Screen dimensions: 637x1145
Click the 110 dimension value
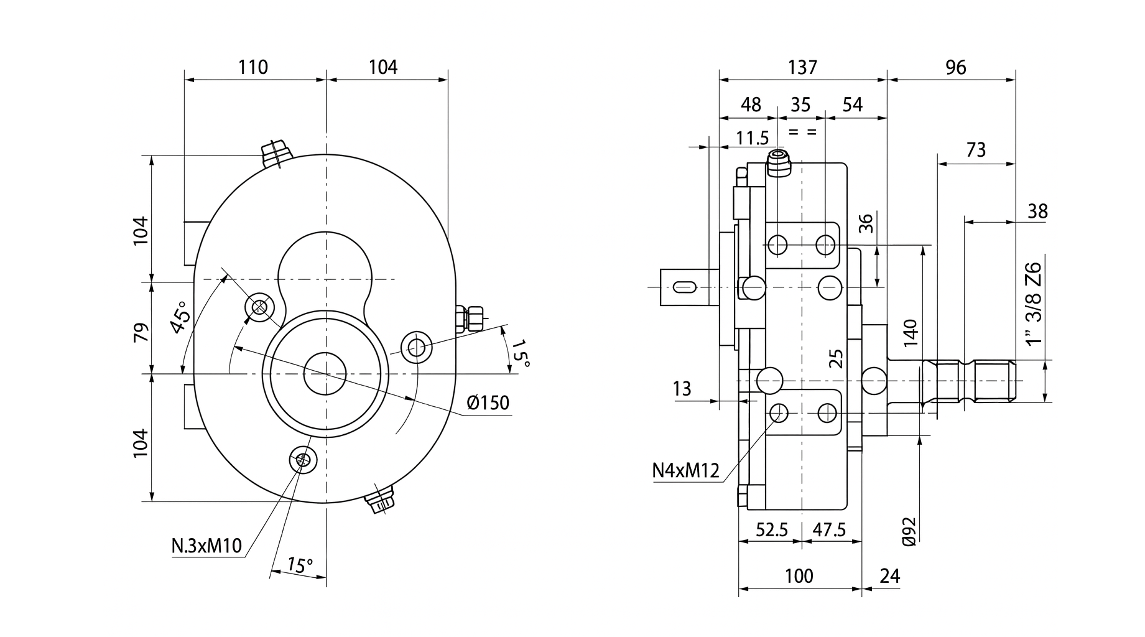pyautogui.click(x=253, y=67)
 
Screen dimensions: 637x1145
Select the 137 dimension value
pyautogui.click(x=802, y=67)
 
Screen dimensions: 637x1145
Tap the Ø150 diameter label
pyautogui.click(x=488, y=403)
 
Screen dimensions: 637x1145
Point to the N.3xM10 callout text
pyautogui.click(x=206, y=546)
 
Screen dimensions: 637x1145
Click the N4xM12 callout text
pyautogui.click(x=685, y=470)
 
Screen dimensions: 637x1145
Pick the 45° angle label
pyautogui.click(x=180, y=318)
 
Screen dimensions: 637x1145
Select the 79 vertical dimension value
pyautogui.click(x=141, y=332)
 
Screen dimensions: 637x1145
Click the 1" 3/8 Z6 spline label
pyautogui.click(x=1033, y=304)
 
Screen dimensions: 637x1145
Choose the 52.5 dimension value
pyautogui.click(x=772, y=529)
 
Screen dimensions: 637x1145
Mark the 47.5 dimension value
pyautogui.click(x=829, y=529)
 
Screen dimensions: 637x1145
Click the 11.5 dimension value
pyautogui.click(x=753, y=137)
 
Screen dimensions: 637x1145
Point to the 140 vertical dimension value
pyautogui.click(x=910, y=333)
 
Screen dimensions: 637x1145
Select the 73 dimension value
pyautogui.click(x=976, y=150)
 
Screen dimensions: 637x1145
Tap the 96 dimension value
pyautogui.click(x=955, y=67)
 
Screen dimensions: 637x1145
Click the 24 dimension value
pyautogui.click(x=890, y=576)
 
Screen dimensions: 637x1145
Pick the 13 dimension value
pyautogui.click(x=682, y=389)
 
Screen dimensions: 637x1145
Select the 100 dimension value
pyautogui.click(x=799, y=576)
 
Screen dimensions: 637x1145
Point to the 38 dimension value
pyautogui.click(x=1037, y=212)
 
